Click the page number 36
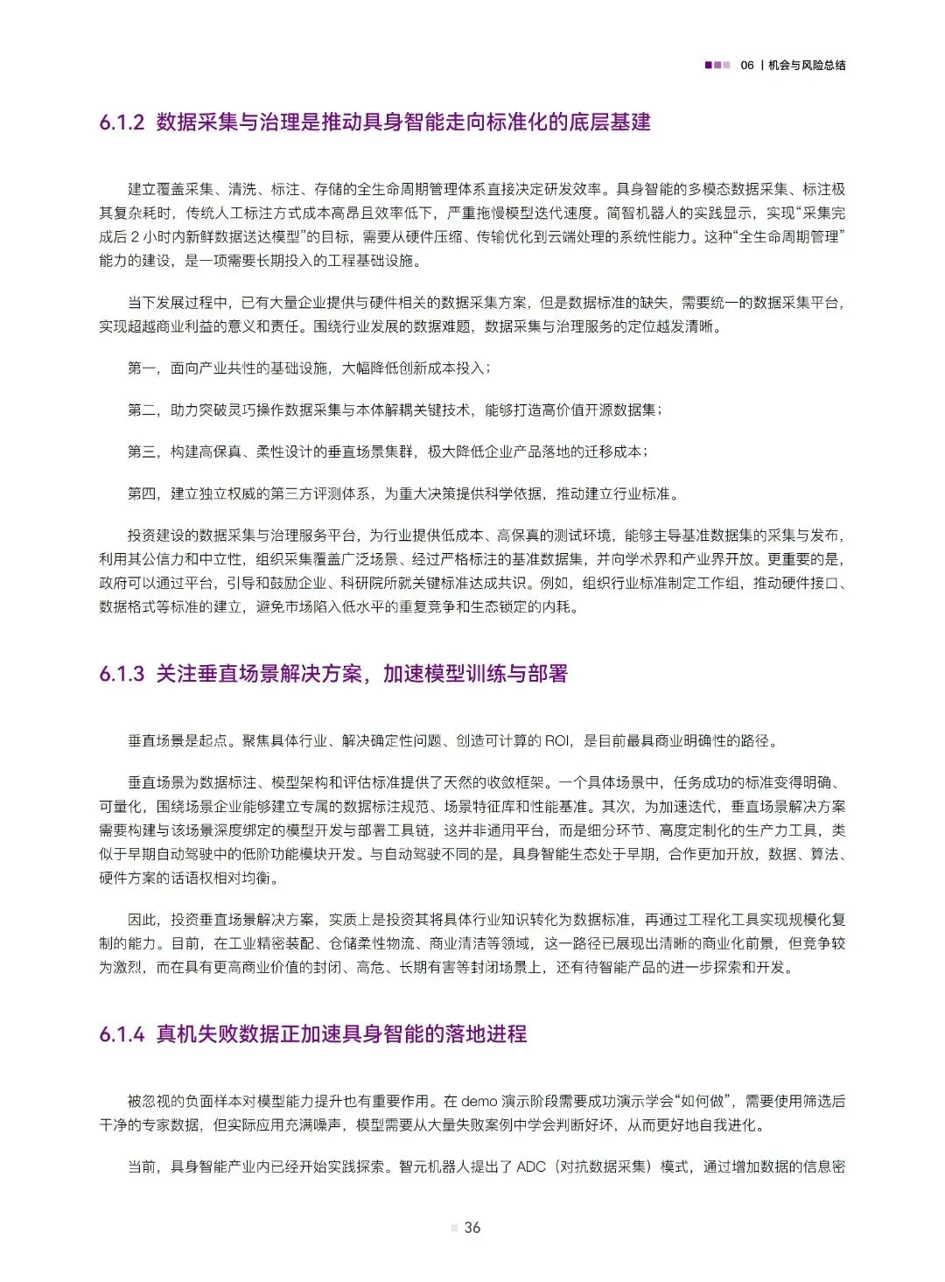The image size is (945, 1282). [472, 1228]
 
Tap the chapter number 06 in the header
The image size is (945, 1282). [746, 66]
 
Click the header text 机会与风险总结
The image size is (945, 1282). [807, 66]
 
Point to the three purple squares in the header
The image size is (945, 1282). [717, 66]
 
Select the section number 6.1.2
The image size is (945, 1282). [122, 123]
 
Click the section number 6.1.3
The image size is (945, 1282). [122, 674]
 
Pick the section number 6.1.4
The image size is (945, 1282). [122, 1034]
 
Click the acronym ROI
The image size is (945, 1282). [557, 741]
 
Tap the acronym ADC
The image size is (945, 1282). [531, 1166]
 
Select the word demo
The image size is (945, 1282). [479, 1101]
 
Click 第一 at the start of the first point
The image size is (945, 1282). [142, 368]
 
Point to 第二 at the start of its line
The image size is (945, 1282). [142, 410]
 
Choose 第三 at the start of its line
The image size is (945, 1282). [142, 452]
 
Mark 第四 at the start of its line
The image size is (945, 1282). [142, 494]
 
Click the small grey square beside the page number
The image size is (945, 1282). [454, 1228]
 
